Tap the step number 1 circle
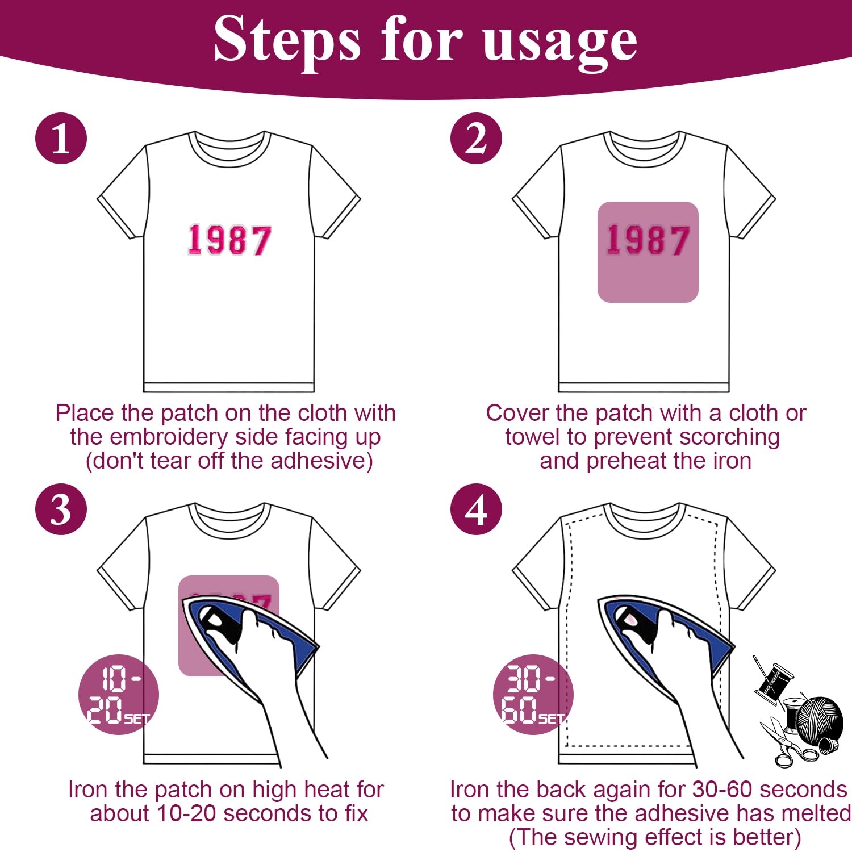(x=61, y=139)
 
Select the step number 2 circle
(x=476, y=139)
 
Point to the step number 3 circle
(x=61, y=509)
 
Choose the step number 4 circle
(x=476, y=509)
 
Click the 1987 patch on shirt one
(x=229, y=240)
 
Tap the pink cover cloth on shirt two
(x=648, y=252)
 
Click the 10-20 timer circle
(x=118, y=694)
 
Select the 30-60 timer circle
(x=533, y=694)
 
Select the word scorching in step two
(x=729, y=437)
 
